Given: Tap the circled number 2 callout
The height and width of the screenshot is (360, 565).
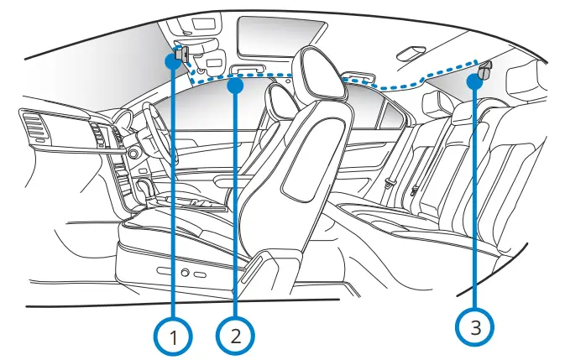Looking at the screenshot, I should tap(235, 336).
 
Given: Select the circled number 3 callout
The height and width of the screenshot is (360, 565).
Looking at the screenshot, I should tap(476, 326).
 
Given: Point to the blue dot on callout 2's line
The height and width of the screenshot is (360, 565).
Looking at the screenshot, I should tap(236, 84).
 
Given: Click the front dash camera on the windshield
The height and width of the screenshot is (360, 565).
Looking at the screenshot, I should tap(181, 55).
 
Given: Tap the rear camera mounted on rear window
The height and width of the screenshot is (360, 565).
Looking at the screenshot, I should tap(485, 70).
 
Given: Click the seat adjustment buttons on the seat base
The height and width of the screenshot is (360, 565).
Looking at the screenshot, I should tap(189, 274).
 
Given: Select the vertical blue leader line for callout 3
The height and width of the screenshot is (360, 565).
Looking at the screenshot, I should tap(476, 201).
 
